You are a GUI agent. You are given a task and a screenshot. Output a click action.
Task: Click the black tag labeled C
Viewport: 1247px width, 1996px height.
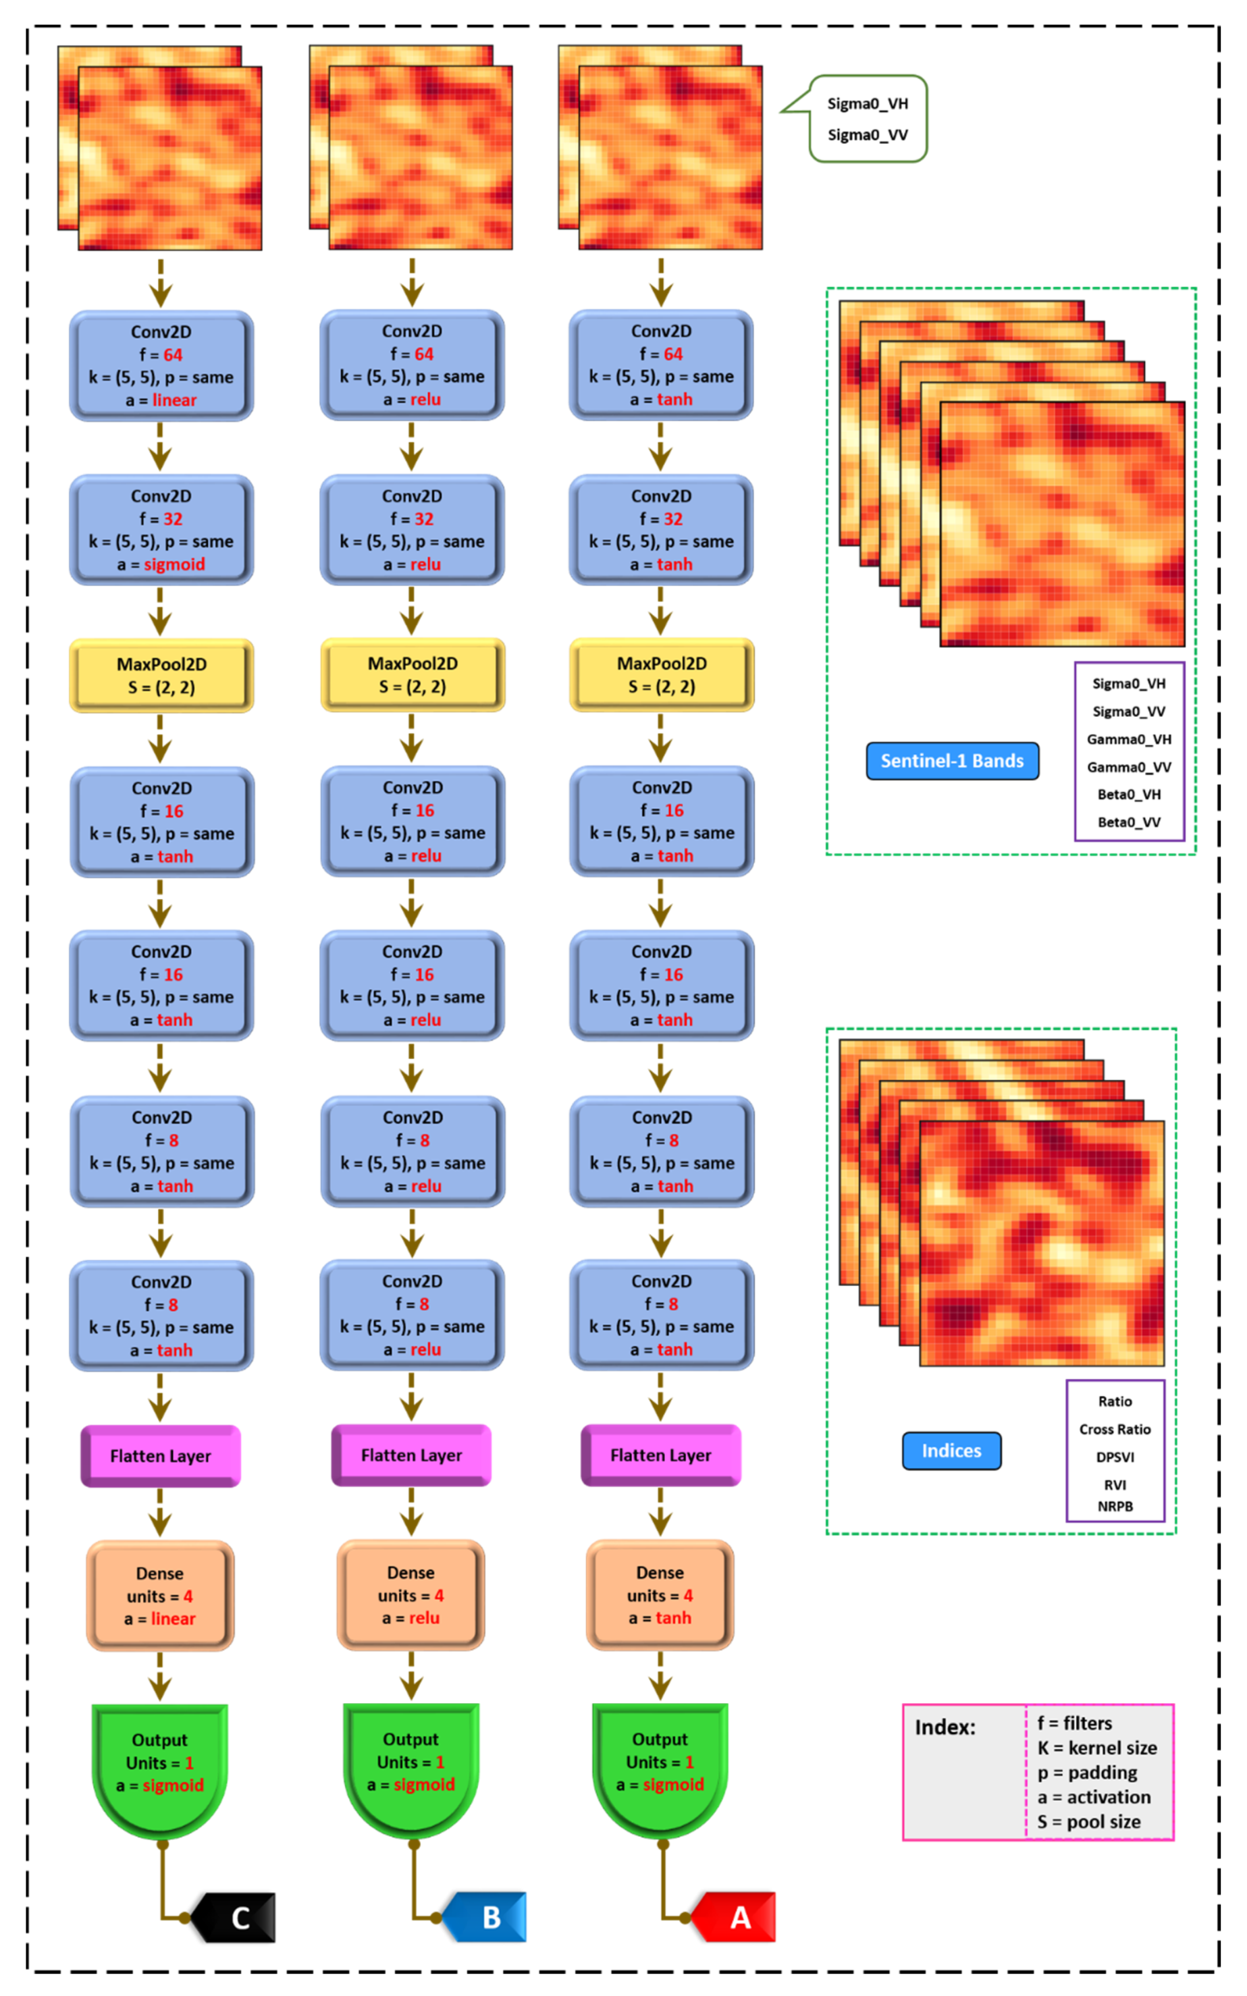tap(235, 1917)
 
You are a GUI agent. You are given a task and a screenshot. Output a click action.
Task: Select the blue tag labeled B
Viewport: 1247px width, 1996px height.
tap(486, 1917)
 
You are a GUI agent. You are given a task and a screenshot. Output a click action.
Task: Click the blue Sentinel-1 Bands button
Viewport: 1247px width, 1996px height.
tap(952, 760)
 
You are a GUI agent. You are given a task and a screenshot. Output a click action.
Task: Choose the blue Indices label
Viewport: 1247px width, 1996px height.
tap(951, 1450)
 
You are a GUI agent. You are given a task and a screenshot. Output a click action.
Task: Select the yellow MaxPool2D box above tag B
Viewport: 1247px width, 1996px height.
tap(412, 674)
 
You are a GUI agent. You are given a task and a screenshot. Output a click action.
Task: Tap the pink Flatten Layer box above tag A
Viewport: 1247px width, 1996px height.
tap(660, 1455)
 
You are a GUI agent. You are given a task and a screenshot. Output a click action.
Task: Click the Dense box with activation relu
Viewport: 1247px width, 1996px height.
tap(411, 1595)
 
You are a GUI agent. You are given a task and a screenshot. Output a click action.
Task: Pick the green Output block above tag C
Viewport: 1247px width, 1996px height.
tap(160, 1764)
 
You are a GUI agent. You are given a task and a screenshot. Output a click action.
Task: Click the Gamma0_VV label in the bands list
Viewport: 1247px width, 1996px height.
tap(1128, 767)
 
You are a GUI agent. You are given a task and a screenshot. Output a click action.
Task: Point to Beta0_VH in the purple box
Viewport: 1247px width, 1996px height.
tap(1128, 794)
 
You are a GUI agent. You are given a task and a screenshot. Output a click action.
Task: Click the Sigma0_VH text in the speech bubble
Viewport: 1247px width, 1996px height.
tap(868, 104)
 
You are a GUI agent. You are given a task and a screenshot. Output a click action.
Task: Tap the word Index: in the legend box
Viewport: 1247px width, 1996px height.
tap(945, 1727)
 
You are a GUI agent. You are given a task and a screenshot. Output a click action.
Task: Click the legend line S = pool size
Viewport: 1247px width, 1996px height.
tap(1089, 1821)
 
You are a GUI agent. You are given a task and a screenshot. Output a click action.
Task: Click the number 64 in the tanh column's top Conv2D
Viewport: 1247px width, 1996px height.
tap(673, 354)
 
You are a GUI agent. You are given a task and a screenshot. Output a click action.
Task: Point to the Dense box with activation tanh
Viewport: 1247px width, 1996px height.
tap(660, 1595)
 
